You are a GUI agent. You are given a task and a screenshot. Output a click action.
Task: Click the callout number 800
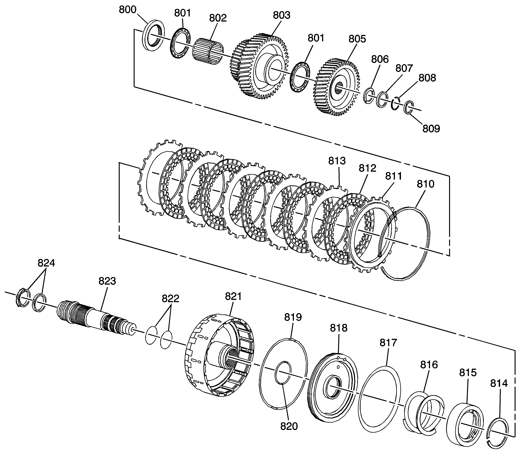tap(127, 10)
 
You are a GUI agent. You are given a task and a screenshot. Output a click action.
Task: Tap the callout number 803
tap(282, 15)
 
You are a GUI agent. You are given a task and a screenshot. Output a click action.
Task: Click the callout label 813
tap(337, 161)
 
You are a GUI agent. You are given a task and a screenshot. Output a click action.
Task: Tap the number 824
tap(46, 263)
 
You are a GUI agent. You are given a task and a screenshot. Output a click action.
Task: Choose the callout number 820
tap(289, 426)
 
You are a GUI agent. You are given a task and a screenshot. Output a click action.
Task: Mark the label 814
tap(499, 383)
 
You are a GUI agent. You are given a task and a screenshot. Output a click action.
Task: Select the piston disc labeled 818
tap(333, 388)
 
